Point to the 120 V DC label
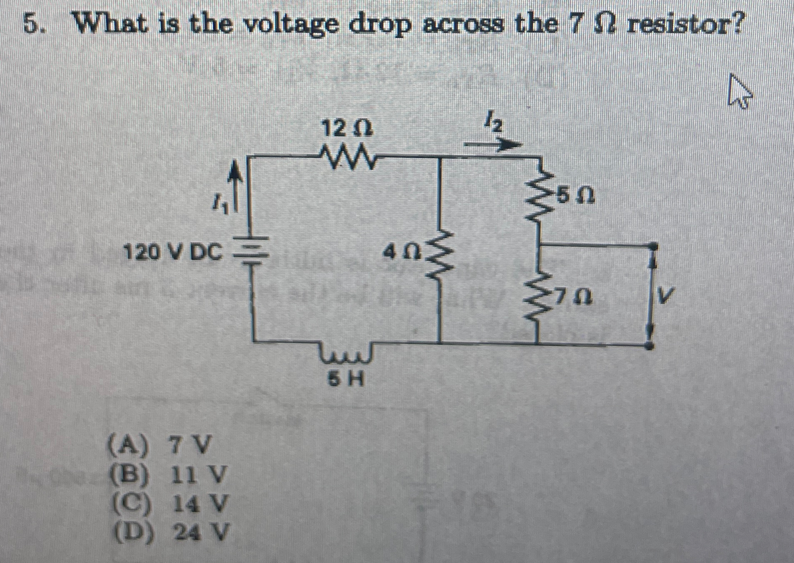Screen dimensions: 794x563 [174, 252]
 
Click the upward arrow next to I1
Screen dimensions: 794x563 [237, 187]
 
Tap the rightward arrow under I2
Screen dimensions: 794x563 [493, 145]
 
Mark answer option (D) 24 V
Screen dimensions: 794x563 [168, 532]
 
